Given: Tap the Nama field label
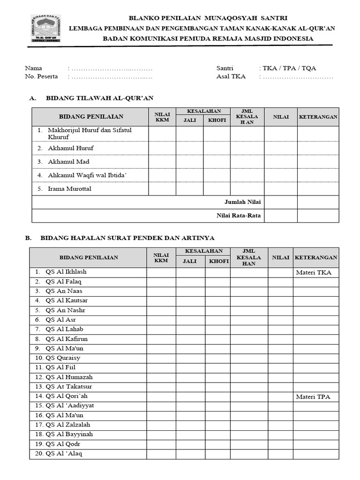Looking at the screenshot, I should pyautogui.click(x=33, y=68).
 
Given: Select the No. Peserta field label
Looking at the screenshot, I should pyautogui.click(x=41, y=77).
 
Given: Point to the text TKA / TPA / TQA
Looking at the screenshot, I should pyautogui.click(x=289, y=68).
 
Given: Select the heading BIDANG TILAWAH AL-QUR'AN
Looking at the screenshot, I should pyautogui.click(x=99, y=98).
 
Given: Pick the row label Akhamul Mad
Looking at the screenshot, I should pyautogui.click(x=68, y=162).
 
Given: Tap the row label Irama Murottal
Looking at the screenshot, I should pyautogui.click(x=69, y=189).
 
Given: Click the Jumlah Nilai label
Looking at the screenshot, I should pyautogui.click(x=242, y=202).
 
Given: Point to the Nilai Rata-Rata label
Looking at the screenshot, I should pyautogui.click(x=239, y=216).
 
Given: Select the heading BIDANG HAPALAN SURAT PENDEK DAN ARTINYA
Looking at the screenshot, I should pyautogui.click(x=127, y=238).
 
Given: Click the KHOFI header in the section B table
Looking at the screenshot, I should pyautogui.click(x=218, y=261).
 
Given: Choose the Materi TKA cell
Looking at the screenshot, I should pyautogui.click(x=314, y=272).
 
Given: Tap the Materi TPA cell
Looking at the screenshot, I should pyautogui.click(x=313, y=397).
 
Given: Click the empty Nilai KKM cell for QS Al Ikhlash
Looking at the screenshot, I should pyautogui.click(x=161, y=272).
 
